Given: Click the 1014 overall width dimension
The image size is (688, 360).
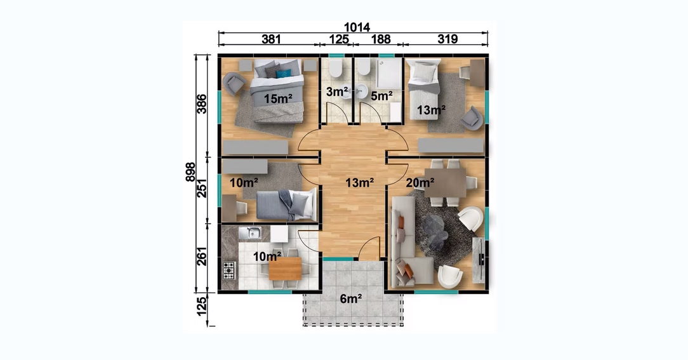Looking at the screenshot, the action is [x=357, y=27].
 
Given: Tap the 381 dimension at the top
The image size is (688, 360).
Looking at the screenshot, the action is [x=271, y=39].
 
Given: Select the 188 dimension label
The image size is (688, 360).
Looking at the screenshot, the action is [x=381, y=39].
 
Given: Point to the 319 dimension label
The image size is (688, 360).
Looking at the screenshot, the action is [x=447, y=39].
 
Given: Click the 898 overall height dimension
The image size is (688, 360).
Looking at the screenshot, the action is [x=190, y=172].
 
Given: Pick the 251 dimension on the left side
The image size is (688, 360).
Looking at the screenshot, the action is [x=201, y=188].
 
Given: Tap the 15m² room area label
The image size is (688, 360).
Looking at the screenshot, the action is [x=278, y=99].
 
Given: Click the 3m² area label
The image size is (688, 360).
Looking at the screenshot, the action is [x=337, y=92].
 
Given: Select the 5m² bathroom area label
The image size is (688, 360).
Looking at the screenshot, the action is [x=381, y=96].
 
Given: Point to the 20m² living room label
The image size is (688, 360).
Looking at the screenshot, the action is [x=420, y=182].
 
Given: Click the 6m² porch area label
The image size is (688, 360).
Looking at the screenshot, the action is [x=351, y=298].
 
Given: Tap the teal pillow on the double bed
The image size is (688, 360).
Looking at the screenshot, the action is [x=284, y=73].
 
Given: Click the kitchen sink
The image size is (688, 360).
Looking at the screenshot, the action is [x=250, y=232].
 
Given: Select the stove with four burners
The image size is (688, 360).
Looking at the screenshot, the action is [x=229, y=270].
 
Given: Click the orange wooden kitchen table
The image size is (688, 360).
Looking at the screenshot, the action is [x=285, y=269].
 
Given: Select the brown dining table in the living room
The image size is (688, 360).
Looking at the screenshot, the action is [x=445, y=183].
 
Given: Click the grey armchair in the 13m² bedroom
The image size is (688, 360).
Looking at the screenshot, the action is [x=472, y=117].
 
